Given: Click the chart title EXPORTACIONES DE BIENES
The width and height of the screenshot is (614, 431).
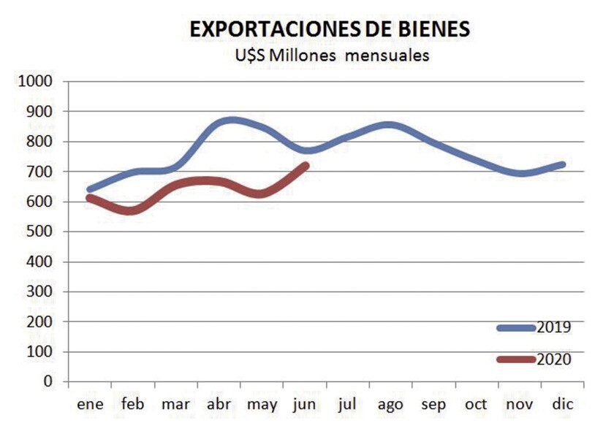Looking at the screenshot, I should [x=330, y=29].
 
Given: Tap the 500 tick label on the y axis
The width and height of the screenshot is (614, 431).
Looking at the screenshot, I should [x=39, y=232].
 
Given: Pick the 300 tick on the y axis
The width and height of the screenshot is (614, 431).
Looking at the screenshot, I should [x=39, y=291].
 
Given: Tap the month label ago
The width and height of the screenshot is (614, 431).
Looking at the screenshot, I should [x=392, y=404].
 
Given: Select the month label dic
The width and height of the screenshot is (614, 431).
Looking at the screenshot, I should [x=564, y=404].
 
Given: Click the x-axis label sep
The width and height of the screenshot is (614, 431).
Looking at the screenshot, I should [x=435, y=404].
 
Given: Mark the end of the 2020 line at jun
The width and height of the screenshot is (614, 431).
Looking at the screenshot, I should [x=306, y=166].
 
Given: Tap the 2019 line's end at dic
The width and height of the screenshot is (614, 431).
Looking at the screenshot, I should [x=563, y=164].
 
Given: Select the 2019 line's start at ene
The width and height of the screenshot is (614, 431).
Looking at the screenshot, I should [x=90, y=189].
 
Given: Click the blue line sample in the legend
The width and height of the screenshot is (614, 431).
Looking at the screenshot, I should [x=516, y=328].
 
